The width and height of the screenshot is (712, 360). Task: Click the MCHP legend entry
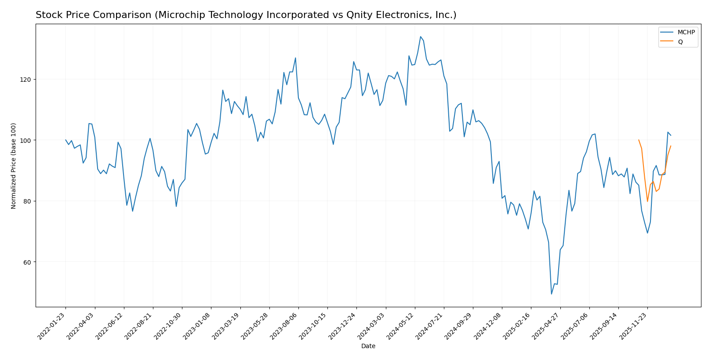686,33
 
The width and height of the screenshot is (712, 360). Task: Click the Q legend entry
680,42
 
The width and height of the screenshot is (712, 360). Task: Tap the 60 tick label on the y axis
27,262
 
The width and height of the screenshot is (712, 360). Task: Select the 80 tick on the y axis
27,201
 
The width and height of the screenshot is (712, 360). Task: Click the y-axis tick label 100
25,140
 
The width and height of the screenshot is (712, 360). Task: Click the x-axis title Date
368,346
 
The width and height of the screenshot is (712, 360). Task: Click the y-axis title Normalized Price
14,166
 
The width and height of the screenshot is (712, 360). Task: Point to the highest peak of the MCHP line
421,36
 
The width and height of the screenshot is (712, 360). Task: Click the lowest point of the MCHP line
552,294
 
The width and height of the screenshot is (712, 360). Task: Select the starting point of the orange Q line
639,140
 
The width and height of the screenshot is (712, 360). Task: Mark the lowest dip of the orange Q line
647,201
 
